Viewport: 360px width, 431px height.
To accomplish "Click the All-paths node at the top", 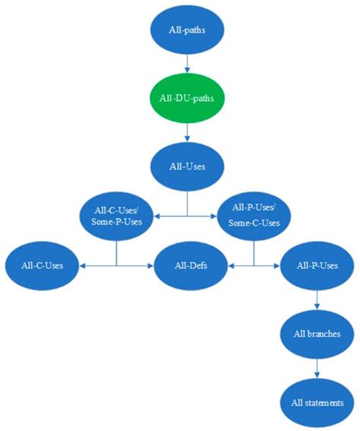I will (186, 31).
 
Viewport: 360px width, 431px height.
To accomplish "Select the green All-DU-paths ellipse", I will (186, 98).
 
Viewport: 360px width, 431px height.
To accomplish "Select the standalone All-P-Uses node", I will (316, 265).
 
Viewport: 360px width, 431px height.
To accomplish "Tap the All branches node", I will (316, 333).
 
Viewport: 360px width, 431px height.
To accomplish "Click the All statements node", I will (316, 401).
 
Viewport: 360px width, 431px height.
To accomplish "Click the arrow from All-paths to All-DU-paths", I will (186, 64).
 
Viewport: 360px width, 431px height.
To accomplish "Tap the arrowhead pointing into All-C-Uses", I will (82, 265).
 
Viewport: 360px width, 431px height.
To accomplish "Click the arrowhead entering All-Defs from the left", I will (150, 265).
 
